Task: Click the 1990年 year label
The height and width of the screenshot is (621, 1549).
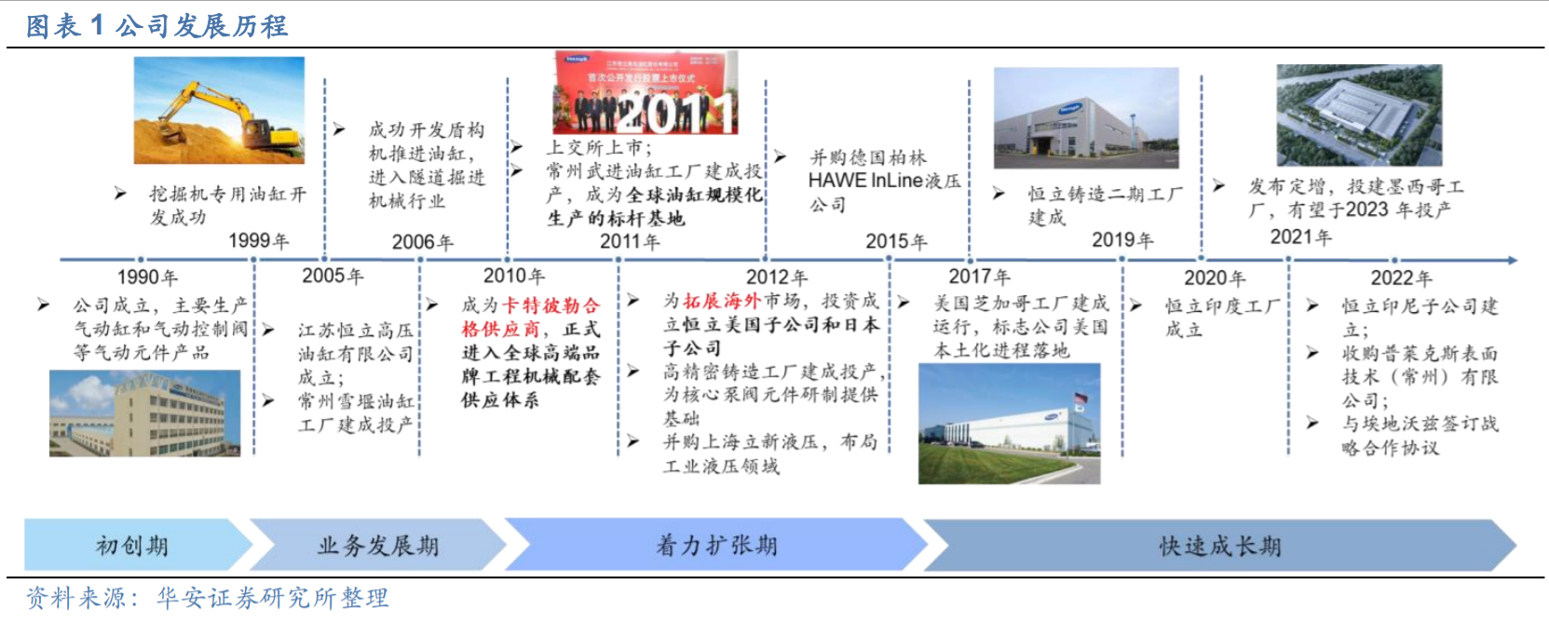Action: tap(147, 277)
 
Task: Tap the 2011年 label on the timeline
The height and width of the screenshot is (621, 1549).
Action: tap(630, 241)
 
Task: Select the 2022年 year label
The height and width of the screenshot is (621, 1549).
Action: tap(1402, 278)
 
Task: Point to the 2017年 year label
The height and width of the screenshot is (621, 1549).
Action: tap(979, 277)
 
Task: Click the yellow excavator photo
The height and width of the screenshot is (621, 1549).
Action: tap(219, 111)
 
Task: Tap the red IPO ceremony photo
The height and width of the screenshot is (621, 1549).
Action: tap(645, 92)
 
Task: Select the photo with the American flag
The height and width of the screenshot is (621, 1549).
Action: tap(1009, 424)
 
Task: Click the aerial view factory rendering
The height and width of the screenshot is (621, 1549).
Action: tap(1359, 115)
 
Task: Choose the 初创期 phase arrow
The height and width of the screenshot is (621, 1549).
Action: tap(138, 546)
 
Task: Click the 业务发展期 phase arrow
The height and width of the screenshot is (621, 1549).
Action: tap(377, 546)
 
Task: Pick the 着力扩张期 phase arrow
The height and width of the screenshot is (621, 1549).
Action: tap(716, 546)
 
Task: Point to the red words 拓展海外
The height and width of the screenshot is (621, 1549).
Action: tap(722, 301)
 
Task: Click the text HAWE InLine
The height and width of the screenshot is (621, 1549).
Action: tap(865, 181)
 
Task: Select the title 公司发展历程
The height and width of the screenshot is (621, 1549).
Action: tap(201, 26)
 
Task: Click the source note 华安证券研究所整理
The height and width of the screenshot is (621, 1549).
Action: tap(273, 598)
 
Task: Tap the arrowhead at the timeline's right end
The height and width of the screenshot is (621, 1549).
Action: tap(1513, 260)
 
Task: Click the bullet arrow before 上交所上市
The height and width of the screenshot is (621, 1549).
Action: tap(517, 147)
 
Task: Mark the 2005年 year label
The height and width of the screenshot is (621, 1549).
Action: tap(333, 276)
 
